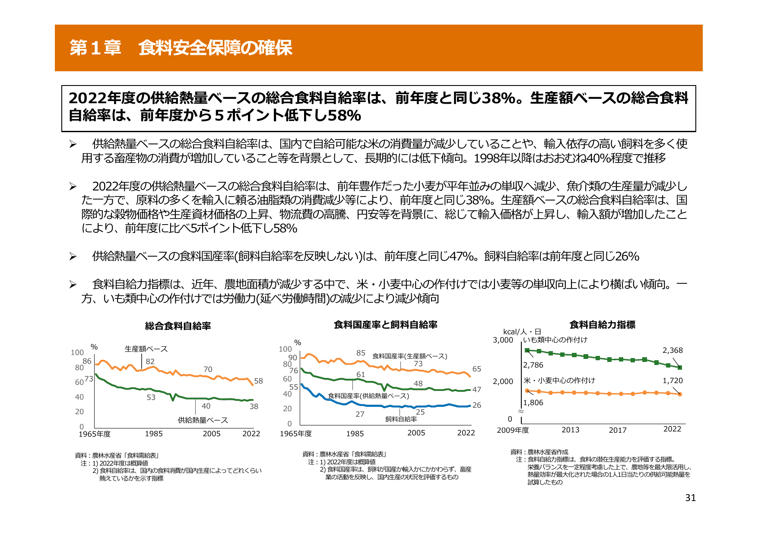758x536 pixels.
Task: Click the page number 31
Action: click(690, 498)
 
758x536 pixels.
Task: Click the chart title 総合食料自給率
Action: click(178, 326)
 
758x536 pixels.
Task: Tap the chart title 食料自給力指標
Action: click(602, 325)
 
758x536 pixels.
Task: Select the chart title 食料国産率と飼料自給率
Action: click(385, 325)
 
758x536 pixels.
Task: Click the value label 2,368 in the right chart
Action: click(672, 350)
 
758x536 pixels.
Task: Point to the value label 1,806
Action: click(533, 403)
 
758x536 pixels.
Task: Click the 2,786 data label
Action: click(533, 365)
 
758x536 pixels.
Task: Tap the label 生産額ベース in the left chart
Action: click(146, 349)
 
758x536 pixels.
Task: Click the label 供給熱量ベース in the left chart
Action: click(203, 420)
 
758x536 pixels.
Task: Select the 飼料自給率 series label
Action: click(401, 419)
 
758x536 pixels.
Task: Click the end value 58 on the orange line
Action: click(258, 381)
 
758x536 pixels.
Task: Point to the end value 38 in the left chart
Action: click(254, 406)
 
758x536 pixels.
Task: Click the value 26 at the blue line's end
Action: click(476, 405)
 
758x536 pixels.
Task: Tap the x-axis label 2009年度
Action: click(513, 430)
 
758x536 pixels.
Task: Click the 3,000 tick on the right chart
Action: click(503, 340)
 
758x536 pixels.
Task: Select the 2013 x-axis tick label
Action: click(570, 430)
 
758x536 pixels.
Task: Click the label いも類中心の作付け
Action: click(555, 340)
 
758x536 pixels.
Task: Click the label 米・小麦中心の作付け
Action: click(559, 381)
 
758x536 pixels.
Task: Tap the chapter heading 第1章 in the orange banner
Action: click(95, 48)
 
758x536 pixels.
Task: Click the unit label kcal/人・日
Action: click(522, 332)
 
